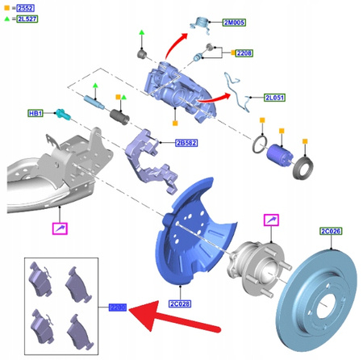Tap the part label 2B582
click(x=186, y=143)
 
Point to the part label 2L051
click(x=276, y=98)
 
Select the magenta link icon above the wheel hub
click(x=271, y=220)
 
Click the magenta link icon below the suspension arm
click(x=60, y=229)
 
